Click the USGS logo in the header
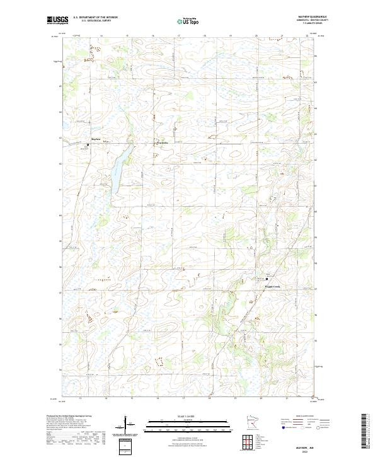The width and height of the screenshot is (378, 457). point(58,20)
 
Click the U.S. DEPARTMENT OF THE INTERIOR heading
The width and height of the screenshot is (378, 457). point(95,18)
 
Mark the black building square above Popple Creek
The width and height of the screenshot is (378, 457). point(266,279)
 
